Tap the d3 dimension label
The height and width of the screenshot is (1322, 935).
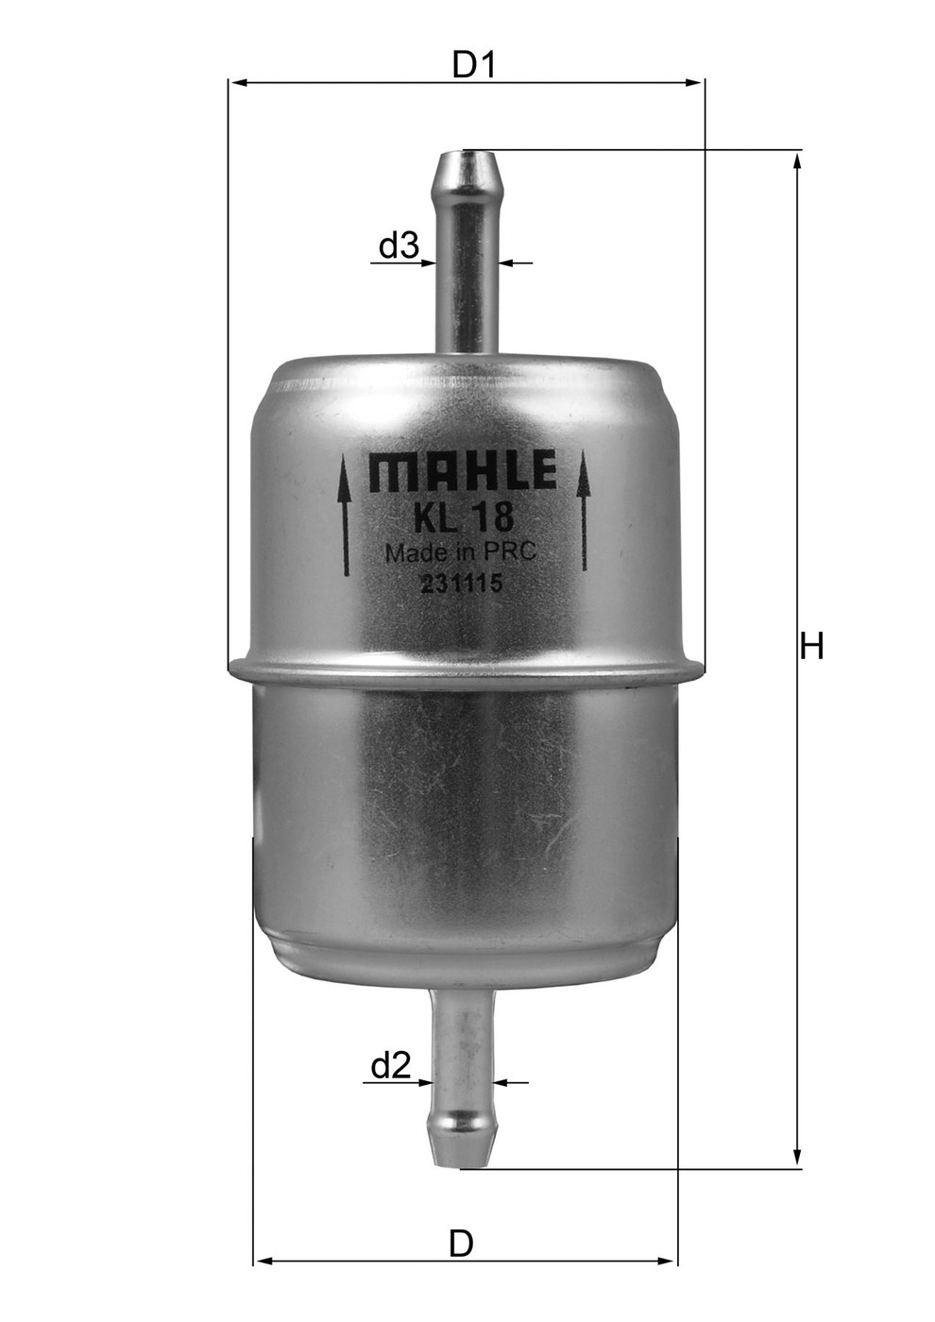coord(398,246)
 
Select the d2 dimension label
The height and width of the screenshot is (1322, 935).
coord(390,1066)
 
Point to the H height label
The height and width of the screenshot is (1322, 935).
coord(812,647)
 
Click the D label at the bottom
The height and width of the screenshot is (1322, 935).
coord(460,1244)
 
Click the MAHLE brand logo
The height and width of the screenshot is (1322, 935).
coord(462,471)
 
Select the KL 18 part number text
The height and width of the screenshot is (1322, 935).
coord(463,517)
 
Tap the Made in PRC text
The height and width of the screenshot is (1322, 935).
coord(461,552)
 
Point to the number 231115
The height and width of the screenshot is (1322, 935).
coord(460,584)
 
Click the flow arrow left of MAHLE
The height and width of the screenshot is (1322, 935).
coord(345,515)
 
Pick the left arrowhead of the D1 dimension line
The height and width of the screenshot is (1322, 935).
coord(238,83)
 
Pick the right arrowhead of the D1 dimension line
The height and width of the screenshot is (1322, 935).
coord(696,83)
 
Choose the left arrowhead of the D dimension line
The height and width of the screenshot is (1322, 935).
coord(263,1261)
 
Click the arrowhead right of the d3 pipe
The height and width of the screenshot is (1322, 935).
coord(507,262)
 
